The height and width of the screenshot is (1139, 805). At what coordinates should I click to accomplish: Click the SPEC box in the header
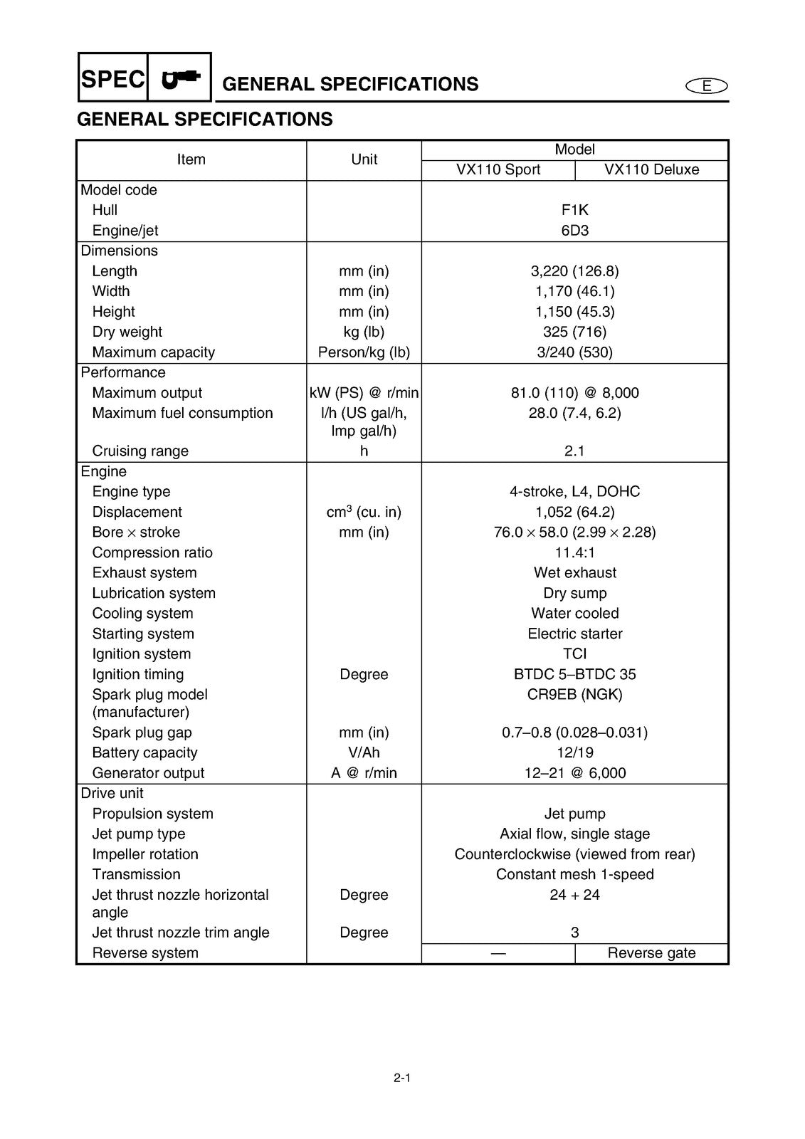tap(113, 78)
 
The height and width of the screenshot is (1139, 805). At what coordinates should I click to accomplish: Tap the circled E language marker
tap(707, 86)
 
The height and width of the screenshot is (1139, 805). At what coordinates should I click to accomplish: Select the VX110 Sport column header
tap(498, 169)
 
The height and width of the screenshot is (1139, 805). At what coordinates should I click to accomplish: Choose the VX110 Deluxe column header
tap(651, 169)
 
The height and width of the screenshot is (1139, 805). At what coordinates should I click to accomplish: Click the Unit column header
tap(364, 159)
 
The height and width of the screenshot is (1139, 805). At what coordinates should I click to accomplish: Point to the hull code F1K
tap(574, 210)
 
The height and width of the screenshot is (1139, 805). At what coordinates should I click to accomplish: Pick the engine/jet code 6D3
tap(574, 230)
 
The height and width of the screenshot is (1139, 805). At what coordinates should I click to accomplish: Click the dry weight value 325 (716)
tap(574, 332)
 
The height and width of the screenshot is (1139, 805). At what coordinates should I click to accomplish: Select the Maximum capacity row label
tap(153, 352)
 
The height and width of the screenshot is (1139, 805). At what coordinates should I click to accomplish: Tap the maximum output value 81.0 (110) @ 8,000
tap(574, 393)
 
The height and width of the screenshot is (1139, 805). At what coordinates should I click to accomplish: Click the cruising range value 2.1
tap(574, 451)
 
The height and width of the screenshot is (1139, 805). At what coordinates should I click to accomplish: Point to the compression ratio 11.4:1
tap(574, 552)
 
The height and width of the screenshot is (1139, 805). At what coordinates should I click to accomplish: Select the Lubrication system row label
tap(154, 593)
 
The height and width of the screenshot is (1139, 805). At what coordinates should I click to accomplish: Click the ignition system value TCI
tap(574, 654)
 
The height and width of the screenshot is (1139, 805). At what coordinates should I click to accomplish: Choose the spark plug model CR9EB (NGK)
tap(574, 694)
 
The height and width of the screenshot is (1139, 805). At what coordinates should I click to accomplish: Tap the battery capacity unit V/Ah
tap(364, 752)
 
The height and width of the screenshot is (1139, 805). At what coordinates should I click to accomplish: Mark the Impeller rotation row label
tap(145, 854)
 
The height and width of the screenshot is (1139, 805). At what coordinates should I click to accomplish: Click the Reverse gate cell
tap(651, 953)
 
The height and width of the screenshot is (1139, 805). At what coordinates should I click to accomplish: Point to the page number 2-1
tap(402, 1078)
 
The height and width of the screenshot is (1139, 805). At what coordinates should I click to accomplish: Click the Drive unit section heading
tap(112, 793)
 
